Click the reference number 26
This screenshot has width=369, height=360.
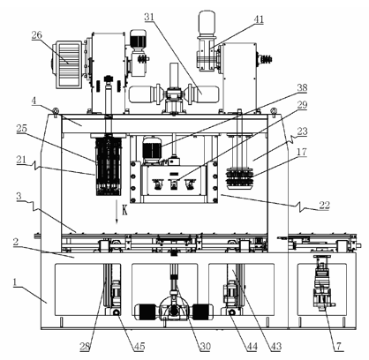(x=37, y=35)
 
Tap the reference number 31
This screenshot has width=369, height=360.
(x=149, y=17)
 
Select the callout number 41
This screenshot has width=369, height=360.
(x=259, y=19)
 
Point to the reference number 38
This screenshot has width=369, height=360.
(x=302, y=87)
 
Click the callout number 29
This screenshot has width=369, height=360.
(x=302, y=105)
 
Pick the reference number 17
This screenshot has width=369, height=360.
(x=302, y=152)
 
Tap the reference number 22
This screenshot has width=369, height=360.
(x=324, y=205)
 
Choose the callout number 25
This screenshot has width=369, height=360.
(x=21, y=129)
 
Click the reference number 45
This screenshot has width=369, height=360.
(x=139, y=347)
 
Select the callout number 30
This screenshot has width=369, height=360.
(x=206, y=347)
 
